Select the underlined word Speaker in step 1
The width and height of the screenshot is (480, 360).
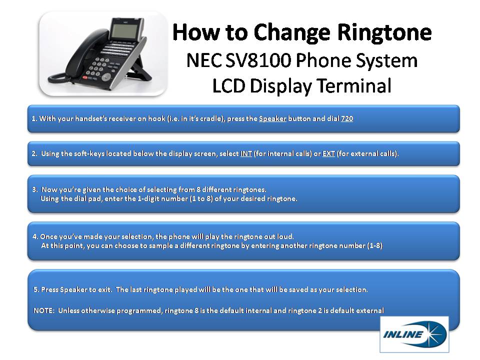[272, 119]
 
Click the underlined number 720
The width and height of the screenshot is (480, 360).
[347, 119]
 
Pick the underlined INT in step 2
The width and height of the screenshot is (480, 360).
[246, 154]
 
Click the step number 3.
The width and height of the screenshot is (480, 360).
[34, 189]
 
